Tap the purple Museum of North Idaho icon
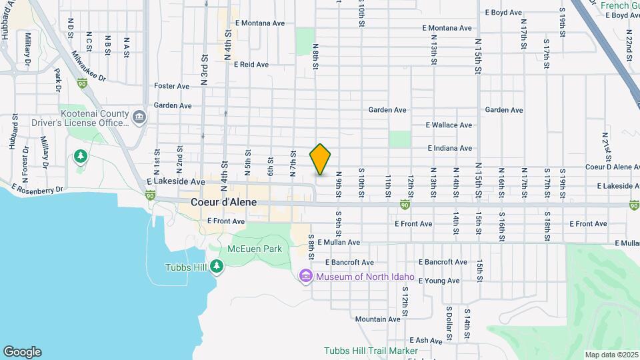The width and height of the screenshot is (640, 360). click(x=306, y=276)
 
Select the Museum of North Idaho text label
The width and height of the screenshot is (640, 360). click(x=365, y=277)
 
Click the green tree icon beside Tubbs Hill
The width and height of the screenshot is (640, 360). click(x=217, y=267)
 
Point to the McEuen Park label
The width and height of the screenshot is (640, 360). click(x=255, y=249)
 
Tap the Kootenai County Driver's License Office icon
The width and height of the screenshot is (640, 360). click(x=139, y=118)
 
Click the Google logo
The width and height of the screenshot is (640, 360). click(x=22, y=352)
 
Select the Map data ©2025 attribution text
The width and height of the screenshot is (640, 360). click(x=611, y=355)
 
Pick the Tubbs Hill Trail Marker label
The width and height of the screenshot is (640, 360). click(x=371, y=351)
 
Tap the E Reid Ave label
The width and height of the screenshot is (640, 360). click(x=251, y=65)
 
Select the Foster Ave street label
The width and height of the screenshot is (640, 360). click(x=172, y=86)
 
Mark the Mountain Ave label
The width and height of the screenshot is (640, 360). click(x=377, y=319)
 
